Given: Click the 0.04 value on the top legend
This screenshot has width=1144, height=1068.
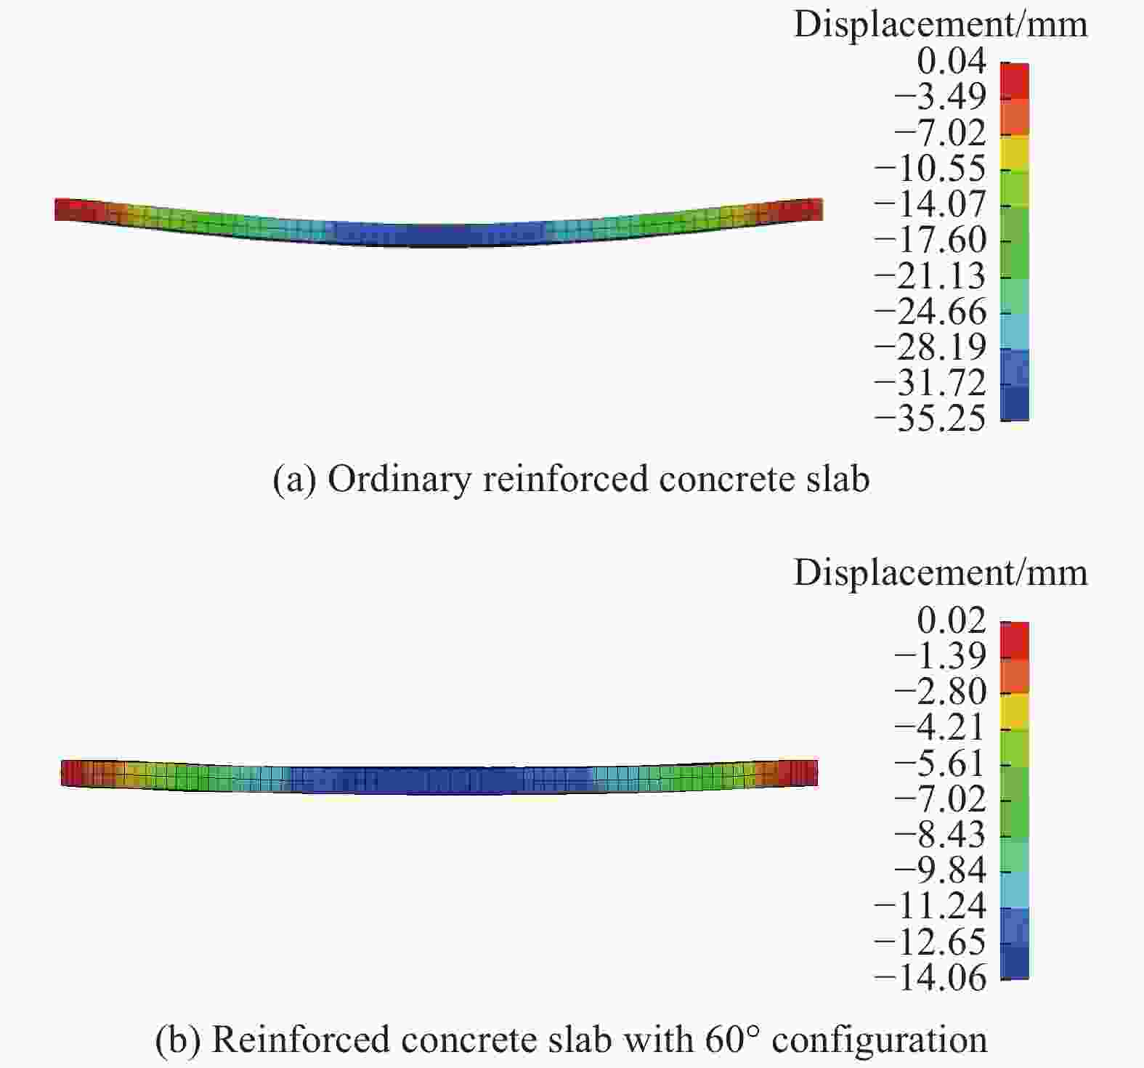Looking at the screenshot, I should (x=952, y=61).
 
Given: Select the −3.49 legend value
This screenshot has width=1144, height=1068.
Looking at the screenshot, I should (x=940, y=97).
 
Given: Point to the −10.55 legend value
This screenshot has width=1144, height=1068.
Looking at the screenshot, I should (x=930, y=169).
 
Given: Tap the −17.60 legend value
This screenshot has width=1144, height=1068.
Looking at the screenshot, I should (x=930, y=240).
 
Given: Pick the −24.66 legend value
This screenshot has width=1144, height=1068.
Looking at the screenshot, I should (x=930, y=312).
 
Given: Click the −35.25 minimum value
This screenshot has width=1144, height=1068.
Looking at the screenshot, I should (x=930, y=419).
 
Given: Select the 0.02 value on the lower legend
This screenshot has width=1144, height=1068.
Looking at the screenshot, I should (x=952, y=621).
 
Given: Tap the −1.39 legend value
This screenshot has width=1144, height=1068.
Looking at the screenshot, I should (x=940, y=656).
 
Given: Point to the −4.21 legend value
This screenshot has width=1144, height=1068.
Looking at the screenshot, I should (x=940, y=727).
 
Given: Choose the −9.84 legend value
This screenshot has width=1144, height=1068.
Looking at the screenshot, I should (x=940, y=870).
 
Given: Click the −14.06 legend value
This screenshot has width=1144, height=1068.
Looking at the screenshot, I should (x=930, y=978).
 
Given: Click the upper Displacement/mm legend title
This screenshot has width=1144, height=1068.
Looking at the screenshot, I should (x=941, y=25).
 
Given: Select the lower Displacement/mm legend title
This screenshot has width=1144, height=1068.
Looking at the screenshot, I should (x=941, y=573).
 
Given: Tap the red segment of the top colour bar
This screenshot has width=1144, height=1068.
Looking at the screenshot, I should (x=1015, y=81).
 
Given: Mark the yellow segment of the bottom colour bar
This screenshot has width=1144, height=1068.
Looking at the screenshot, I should (x=1015, y=711).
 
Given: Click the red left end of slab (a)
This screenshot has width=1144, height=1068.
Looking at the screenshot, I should (x=73, y=209).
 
